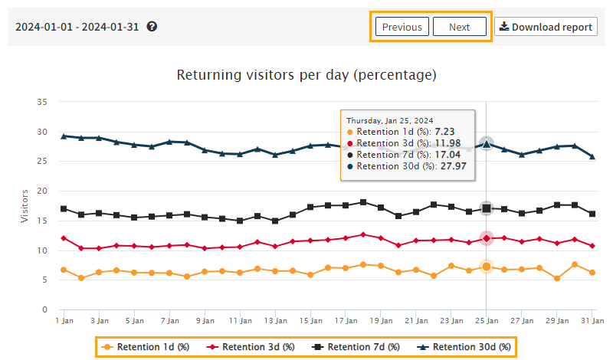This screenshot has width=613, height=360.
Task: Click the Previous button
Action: [x=402, y=27]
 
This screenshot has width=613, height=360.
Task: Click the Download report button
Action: [x=546, y=27]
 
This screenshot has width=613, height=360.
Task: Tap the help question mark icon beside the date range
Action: [x=152, y=27]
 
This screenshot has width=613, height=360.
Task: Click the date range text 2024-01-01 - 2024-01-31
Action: [x=78, y=27]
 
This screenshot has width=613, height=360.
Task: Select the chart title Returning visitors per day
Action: [x=306, y=75]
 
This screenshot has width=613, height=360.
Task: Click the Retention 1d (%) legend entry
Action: [x=146, y=347]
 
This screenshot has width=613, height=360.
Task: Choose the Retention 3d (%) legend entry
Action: [x=251, y=347]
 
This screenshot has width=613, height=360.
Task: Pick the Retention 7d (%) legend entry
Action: [x=357, y=347]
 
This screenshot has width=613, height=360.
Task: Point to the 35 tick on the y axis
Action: [x=43, y=102]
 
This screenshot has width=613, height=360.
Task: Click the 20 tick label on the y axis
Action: [x=43, y=191]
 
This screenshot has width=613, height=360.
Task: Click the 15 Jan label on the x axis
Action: [x=310, y=321]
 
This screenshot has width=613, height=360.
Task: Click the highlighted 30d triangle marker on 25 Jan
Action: [x=486, y=143]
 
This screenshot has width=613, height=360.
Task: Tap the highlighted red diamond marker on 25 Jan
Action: [x=486, y=238]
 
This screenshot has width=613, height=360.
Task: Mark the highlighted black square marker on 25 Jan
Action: [x=486, y=208]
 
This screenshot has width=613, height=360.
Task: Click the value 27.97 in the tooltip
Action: [x=456, y=165]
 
